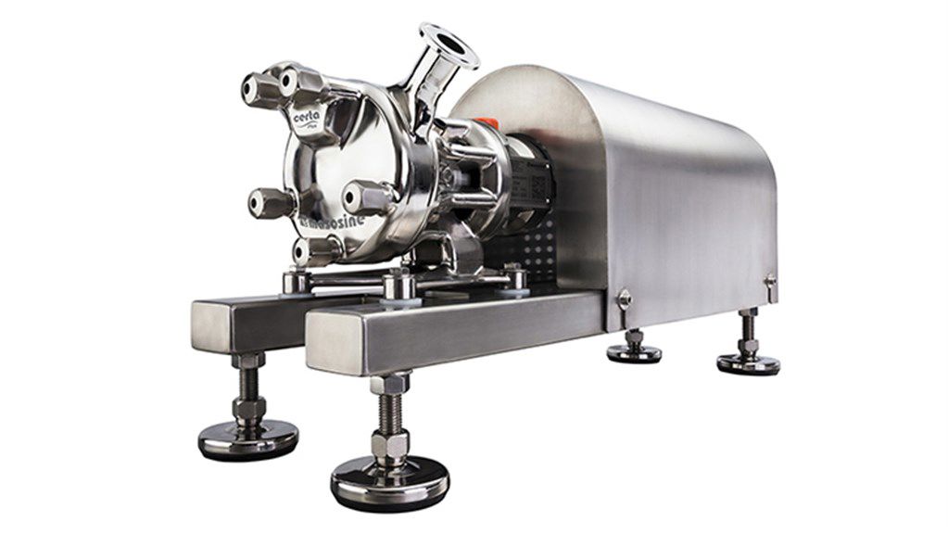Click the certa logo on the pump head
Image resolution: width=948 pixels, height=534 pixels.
pyautogui.click(x=307, y=119)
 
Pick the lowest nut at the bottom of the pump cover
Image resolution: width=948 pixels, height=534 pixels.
pyautogui.click(x=312, y=248)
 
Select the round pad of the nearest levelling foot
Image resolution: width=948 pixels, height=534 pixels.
pyautogui.click(x=389, y=482)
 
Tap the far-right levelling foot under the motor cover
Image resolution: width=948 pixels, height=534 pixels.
pyautogui.click(x=748, y=362)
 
